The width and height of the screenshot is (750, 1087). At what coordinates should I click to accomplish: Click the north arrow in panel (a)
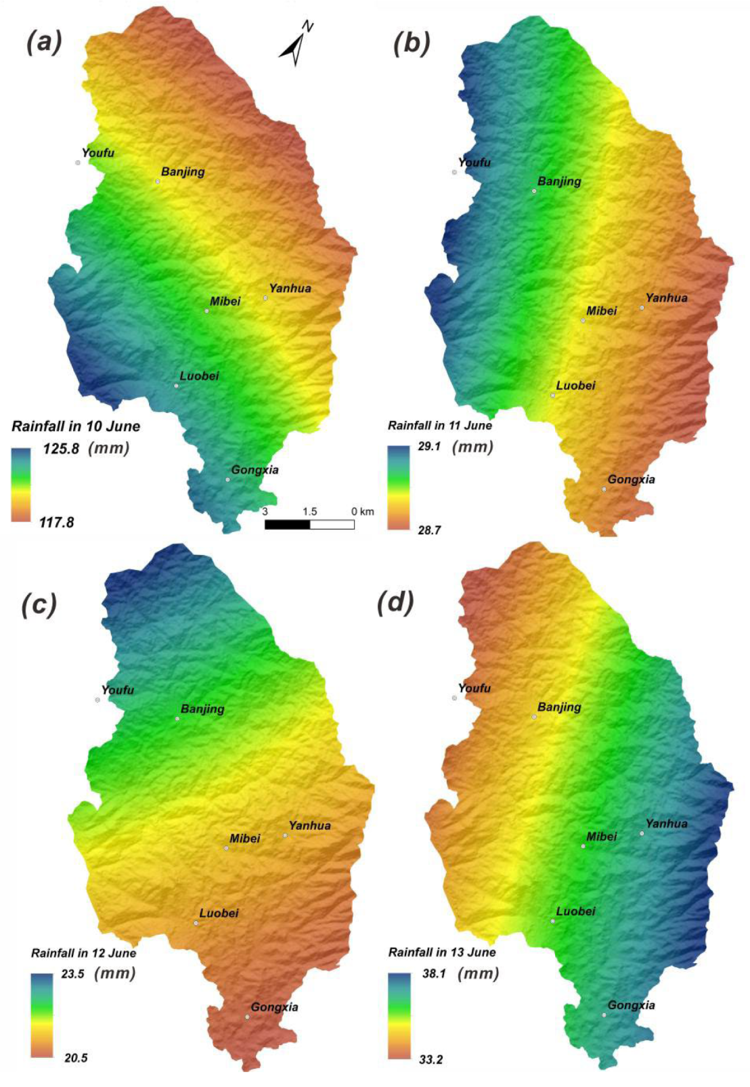[296, 45]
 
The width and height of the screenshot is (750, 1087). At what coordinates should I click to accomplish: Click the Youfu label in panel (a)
[98, 153]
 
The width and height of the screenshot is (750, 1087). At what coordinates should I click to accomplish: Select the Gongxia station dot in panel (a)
[227, 480]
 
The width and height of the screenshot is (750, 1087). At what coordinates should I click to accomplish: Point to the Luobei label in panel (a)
[200, 376]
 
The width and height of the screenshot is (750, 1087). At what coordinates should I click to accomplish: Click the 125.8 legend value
[62, 448]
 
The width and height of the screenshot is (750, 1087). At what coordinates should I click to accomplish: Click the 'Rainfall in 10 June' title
[76, 426]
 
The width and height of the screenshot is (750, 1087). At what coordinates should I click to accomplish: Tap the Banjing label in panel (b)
[559, 181]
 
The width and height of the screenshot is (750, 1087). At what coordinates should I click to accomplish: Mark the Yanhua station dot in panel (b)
[642, 308]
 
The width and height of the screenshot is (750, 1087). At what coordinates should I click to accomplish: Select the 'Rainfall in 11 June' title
[440, 426]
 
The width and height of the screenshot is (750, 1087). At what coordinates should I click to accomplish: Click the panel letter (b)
[411, 43]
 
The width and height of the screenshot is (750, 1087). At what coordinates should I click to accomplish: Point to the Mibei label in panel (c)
[245, 839]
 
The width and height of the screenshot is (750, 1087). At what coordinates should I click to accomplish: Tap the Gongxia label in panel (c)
[275, 1007]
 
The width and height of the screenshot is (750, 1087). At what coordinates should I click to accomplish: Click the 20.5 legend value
[76, 1058]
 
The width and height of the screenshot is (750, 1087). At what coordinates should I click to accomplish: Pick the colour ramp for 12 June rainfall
[41, 1015]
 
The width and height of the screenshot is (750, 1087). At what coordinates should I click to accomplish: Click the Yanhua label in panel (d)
[667, 824]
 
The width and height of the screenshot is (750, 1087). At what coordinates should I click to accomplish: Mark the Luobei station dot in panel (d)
[553, 921]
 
